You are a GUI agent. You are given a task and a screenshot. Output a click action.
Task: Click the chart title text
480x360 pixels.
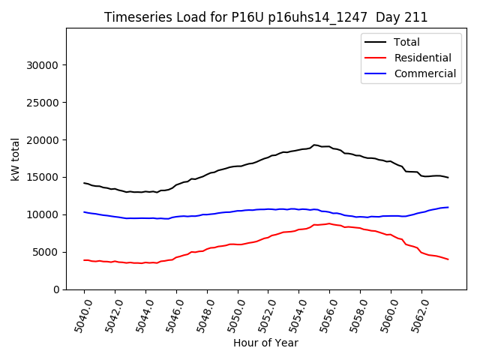point(265,17)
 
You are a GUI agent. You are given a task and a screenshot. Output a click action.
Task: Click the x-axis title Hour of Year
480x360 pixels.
point(265,343)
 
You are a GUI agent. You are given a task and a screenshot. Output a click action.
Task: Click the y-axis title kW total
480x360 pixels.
point(15,159)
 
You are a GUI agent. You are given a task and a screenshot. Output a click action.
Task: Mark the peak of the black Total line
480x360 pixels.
point(315,145)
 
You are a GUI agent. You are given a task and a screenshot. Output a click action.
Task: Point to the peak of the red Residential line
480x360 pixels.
point(328,223)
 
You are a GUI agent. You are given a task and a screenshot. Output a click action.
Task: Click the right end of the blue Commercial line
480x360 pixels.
point(448,207)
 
